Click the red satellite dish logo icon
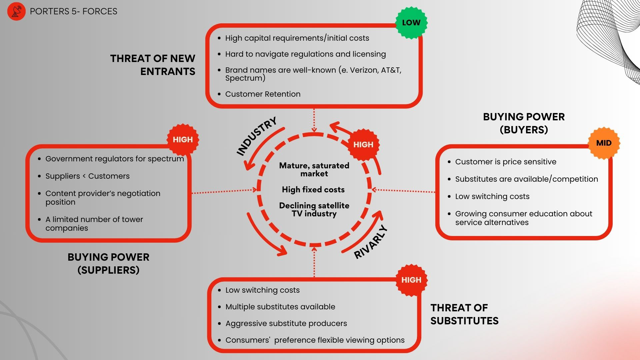[16, 11]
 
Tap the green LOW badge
[411, 23]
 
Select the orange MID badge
[604, 143]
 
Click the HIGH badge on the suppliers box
[183, 140]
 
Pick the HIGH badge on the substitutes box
[411, 280]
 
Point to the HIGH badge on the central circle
[363, 145]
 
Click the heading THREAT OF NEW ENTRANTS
[153, 65]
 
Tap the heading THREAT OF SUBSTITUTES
[464, 314]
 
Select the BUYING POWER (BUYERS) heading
[524, 123]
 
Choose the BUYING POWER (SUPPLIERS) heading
[108, 263]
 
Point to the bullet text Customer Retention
[263, 94]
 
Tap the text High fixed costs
[313, 190]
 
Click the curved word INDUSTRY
[257, 136]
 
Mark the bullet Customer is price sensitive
[505, 162]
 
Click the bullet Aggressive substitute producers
[286, 323]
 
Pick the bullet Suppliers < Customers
[87, 176]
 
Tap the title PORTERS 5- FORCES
[73, 11]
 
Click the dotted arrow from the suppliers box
[224, 191]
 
